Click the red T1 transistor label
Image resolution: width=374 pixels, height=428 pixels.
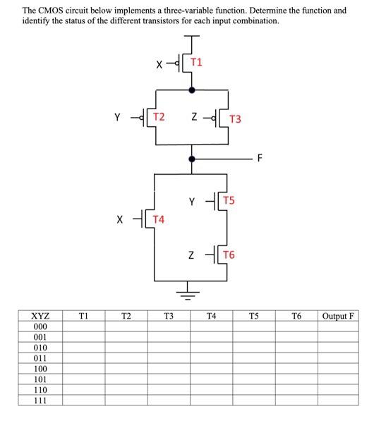197,62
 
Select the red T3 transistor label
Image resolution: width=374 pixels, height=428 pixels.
236,118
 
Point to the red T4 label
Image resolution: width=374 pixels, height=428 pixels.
159,219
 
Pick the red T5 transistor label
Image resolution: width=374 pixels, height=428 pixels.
229,201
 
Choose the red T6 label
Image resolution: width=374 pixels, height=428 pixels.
229,254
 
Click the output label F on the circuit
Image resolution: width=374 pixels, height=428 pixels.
260,157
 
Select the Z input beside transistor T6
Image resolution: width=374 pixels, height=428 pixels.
192,255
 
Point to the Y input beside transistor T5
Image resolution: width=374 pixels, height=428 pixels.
192,202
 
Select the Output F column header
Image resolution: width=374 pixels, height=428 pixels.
337,316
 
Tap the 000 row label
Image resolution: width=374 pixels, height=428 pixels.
40,327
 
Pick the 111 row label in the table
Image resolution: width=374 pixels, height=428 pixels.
40,400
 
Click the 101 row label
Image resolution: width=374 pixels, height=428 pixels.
40,379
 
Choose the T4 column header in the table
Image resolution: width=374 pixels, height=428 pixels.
211,316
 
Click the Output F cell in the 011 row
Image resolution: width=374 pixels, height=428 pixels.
337,358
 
